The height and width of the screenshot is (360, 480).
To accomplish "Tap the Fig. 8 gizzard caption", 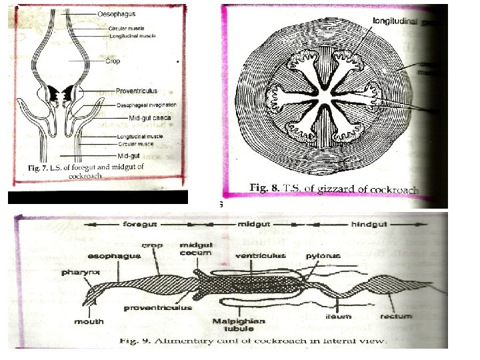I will tap(333, 189).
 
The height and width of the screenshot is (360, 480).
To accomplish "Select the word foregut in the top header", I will tap(141, 225).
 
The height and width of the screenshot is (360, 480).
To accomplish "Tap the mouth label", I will tap(89, 321).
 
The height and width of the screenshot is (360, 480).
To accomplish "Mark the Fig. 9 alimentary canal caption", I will tap(253, 341).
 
